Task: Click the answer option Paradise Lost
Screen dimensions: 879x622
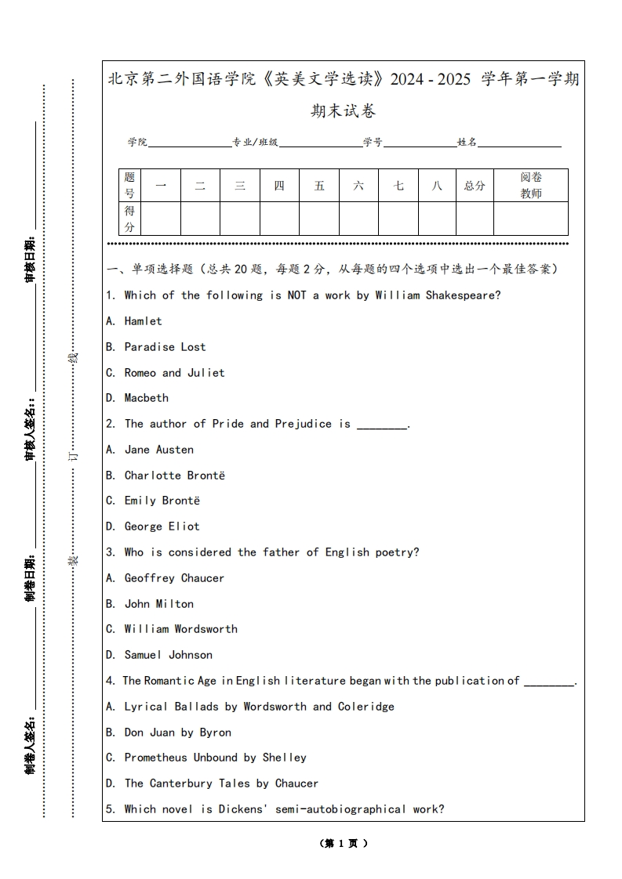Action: pos(165,347)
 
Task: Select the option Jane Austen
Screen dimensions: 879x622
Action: pos(158,450)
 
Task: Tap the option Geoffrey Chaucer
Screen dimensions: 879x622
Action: pos(174,578)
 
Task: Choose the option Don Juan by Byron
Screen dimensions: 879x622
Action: pos(177,732)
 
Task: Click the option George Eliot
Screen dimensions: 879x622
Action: pos(162,526)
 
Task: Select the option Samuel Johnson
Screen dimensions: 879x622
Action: pos(168,655)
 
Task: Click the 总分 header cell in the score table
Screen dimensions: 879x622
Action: pos(475,186)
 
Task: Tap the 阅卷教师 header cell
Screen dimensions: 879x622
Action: pos(531,186)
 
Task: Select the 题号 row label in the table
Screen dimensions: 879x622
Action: pos(130,186)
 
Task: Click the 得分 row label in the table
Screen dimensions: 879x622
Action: pos(130,219)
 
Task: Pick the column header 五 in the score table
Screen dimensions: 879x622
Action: pos(319,186)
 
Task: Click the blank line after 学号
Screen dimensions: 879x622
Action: pos(420,143)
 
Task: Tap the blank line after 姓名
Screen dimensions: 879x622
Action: pos(519,143)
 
